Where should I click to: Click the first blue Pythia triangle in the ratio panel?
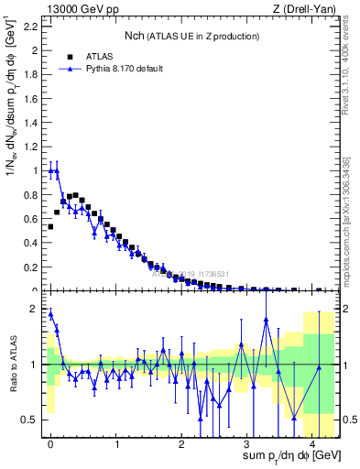pyautogui.click(x=50, y=314)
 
